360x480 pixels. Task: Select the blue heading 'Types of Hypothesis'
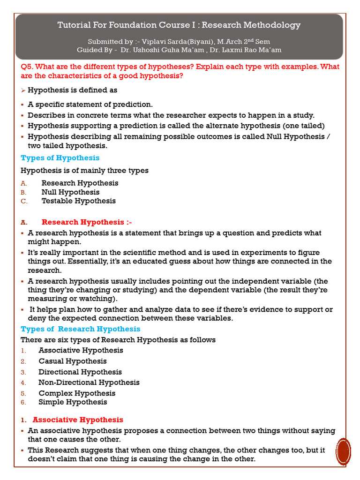tap(60, 157)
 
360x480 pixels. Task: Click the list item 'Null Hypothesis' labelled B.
tap(70, 192)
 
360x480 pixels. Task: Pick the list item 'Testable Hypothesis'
tap(78, 201)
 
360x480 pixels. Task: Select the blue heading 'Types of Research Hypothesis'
tap(80, 329)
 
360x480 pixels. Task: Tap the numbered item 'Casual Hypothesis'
tap(72, 361)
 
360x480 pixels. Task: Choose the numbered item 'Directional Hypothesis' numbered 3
tap(80, 372)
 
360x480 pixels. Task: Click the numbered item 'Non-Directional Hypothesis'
tap(89, 382)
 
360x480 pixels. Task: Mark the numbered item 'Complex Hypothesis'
tap(77, 393)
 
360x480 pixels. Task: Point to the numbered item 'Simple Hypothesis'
tap(73, 402)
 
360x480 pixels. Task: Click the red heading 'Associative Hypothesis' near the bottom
tap(78, 420)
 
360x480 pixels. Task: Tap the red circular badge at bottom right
tap(344, 452)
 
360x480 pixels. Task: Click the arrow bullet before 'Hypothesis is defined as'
tap(23, 90)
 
